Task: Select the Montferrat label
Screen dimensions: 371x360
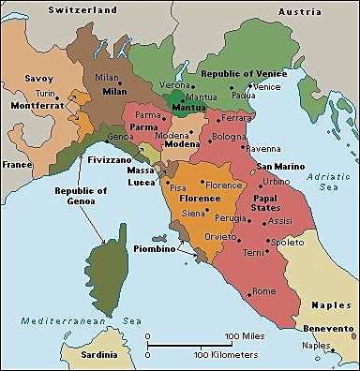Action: click(36, 107)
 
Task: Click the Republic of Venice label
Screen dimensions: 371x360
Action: click(234, 73)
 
